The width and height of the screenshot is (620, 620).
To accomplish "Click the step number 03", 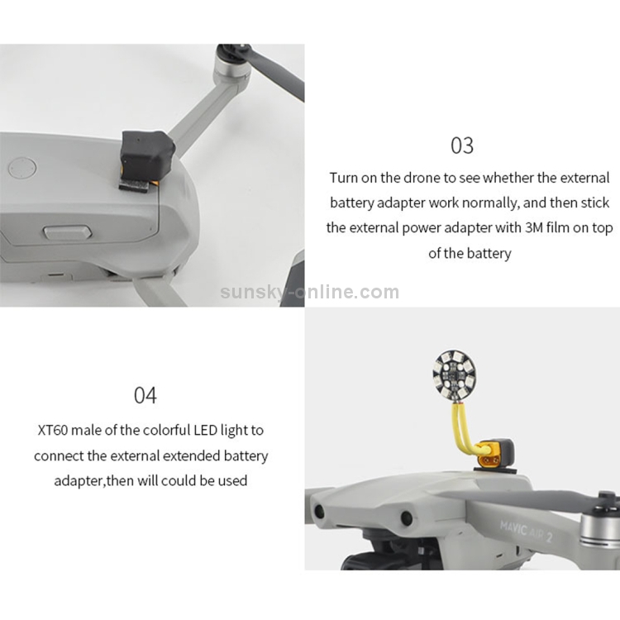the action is tap(462, 145).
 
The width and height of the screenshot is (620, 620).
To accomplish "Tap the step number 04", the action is tap(145, 395).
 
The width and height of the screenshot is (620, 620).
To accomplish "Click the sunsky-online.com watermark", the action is tap(310, 292).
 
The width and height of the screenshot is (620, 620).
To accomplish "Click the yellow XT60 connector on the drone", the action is tap(489, 460).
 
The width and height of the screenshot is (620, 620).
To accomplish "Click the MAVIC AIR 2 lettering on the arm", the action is tap(526, 531).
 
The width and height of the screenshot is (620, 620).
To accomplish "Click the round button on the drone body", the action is tap(22, 168).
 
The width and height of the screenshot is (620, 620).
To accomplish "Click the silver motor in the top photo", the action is tap(232, 65).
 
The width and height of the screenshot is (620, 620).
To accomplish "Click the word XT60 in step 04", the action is tap(53, 430).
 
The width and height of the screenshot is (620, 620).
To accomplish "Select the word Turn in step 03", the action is tap(344, 178).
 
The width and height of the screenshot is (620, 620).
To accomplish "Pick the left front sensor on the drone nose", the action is tap(319, 512).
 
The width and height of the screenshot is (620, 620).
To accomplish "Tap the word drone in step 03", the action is tap(421, 178).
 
